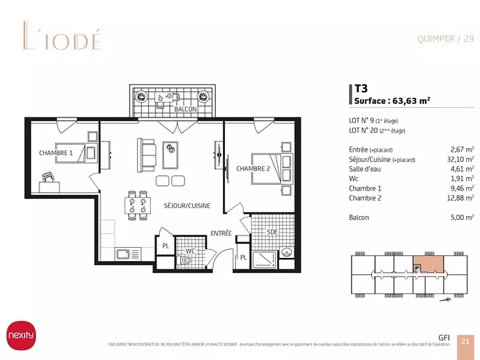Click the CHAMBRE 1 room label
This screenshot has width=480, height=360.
(x=56, y=153)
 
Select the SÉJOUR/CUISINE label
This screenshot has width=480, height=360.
(x=187, y=206)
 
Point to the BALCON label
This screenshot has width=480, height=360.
(x=185, y=110)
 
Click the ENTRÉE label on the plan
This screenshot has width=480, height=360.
(x=221, y=233)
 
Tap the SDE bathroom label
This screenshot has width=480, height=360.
(x=272, y=231)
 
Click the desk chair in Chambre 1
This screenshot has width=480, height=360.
(x=49, y=176)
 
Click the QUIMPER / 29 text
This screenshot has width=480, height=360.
(x=445, y=39)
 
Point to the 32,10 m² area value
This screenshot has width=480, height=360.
(x=462, y=160)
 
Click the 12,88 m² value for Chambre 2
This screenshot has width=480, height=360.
(x=462, y=198)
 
